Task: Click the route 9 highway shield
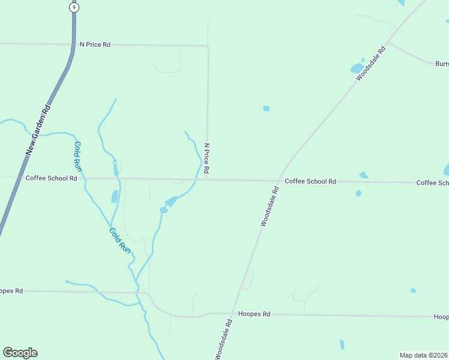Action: [x=73, y=7]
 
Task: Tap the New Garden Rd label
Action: [x=37, y=130]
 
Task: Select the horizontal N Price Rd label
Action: [x=95, y=45]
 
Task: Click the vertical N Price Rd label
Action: [x=206, y=159]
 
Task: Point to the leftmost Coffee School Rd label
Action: [x=52, y=178]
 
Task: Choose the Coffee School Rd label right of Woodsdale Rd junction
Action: [x=310, y=181]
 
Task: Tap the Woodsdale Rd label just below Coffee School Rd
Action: [x=270, y=206]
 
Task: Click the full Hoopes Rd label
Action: [x=255, y=314]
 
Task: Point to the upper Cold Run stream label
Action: [x=77, y=154]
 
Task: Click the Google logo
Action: [x=20, y=353]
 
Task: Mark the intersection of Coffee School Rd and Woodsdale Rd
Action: [x=279, y=181]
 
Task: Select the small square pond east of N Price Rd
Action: [x=266, y=109]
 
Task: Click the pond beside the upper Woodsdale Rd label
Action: [x=357, y=67]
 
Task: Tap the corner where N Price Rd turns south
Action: [x=208, y=46]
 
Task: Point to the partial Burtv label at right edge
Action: [x=442, y=63]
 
